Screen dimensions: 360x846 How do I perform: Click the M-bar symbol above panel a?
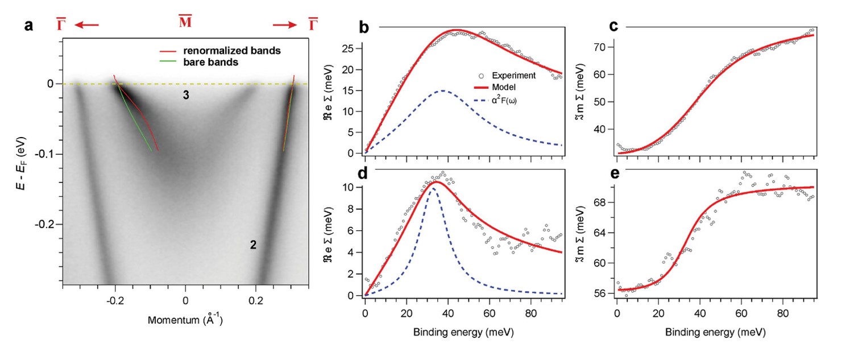(185, 24)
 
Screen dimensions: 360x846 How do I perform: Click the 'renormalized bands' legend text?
(232, 51)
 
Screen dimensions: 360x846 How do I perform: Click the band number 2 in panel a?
(253, 245)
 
